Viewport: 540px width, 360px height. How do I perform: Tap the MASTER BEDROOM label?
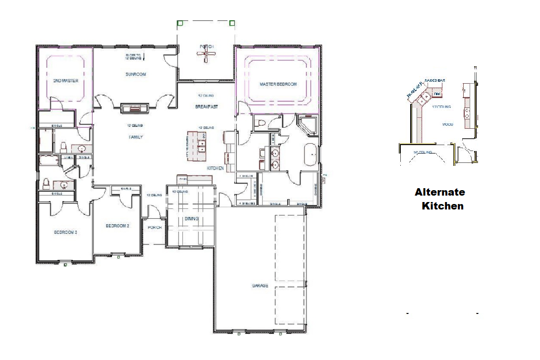[278, 84]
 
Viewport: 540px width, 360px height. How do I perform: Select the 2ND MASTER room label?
[66, 81]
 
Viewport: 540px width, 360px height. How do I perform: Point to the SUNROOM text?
[135, 74]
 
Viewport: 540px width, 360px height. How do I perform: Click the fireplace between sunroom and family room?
[134, 108]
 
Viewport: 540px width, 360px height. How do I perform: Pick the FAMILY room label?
[135, 137]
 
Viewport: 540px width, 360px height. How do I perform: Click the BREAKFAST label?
[206, 106]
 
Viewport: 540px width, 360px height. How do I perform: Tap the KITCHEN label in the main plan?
[215, 168]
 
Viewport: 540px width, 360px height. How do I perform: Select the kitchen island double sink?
[202, 145]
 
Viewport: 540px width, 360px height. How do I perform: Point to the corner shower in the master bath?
[309, 124]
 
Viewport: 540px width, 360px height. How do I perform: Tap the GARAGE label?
[260, 286]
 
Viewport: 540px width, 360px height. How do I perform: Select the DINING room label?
[191, 218]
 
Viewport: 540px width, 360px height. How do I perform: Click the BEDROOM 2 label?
[117, 226]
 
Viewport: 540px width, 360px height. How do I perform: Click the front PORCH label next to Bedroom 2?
[155, 228]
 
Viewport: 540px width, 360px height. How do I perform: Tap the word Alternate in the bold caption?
[439, 192]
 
